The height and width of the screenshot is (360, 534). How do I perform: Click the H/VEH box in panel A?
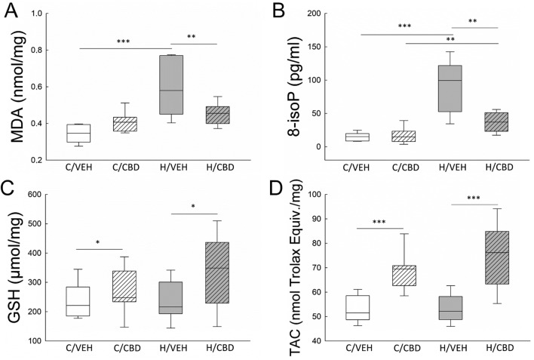click(x=170, y=84)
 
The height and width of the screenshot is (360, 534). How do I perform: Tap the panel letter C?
click(x=10, y=188)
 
